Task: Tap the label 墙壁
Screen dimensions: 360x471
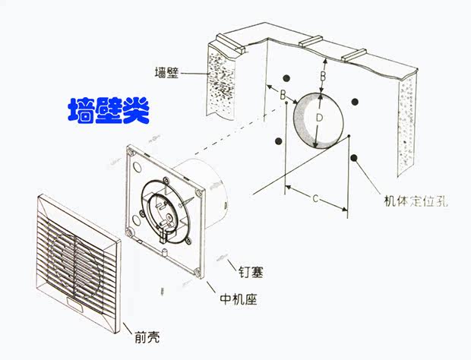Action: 167,73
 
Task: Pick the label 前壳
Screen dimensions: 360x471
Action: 150,335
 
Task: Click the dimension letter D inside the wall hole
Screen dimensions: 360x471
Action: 320,118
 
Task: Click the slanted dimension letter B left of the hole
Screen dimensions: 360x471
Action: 282,96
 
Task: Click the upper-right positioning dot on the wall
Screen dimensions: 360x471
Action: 354,102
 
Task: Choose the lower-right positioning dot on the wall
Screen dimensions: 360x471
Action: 354,158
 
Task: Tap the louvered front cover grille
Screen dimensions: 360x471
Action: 76,258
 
